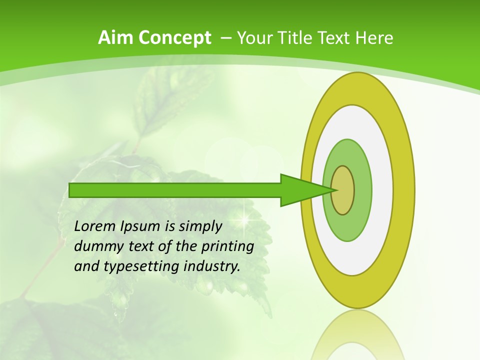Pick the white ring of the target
[x=382, y=190]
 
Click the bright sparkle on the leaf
[x=245, y=219]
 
